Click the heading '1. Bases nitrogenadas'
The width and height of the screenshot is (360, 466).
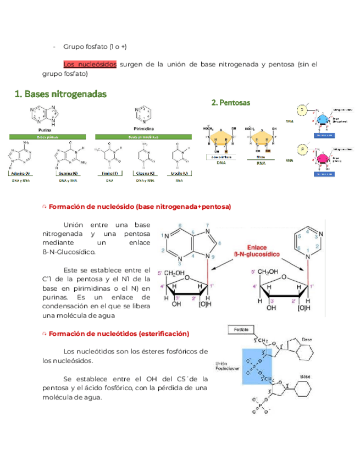click(x=60, y=94)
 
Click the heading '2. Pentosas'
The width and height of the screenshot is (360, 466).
click(x=231, y=102)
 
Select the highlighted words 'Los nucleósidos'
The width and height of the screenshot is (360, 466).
click(x=90, y=64)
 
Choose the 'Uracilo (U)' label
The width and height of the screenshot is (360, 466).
click(x=179, y=174)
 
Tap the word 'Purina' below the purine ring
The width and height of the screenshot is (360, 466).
click(x=37, y=130)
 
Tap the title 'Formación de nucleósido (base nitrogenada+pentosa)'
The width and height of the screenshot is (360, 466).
click(x=140, y=207)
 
